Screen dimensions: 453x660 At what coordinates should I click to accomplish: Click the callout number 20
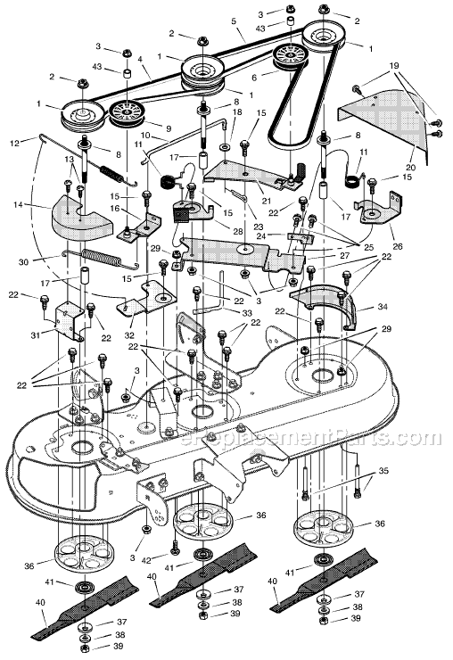click(x=410, y=168)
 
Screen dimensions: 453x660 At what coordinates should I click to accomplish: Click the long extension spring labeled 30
click(x=100, y=259)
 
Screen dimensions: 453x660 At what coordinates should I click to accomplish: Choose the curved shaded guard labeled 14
click(x=82, y=218)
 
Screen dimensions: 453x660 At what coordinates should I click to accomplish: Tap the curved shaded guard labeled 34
click(x=325, y=304)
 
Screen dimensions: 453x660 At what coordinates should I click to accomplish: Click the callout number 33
click(x=247, y=313)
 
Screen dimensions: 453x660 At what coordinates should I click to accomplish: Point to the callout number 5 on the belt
click(x=234, y=20)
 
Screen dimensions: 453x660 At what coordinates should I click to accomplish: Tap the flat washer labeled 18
click(x=225, y=149)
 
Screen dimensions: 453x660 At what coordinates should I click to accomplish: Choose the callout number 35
click(x=383, y=471)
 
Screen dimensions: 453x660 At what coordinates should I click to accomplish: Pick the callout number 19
click(x=393, y=66)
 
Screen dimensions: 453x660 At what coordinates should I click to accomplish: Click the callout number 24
click(x=261, y=235)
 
